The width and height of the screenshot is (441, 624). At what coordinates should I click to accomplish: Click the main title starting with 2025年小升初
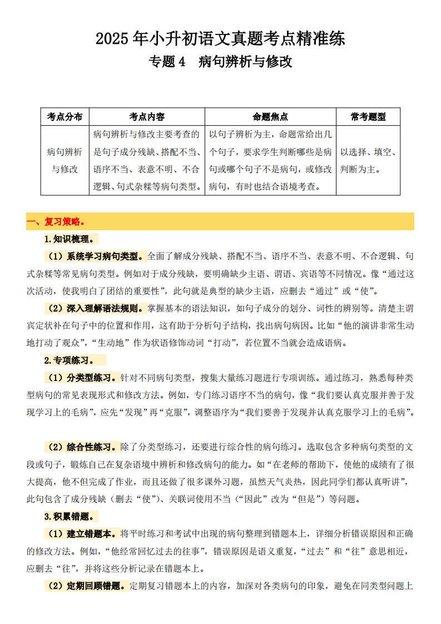point(220,39)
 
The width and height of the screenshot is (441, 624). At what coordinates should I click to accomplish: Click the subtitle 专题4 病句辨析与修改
point(220,62)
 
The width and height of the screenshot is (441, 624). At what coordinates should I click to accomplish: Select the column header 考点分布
point(65,117)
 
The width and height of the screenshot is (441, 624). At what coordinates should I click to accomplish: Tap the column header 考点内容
point(147,117)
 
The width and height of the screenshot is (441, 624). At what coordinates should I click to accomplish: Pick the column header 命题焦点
point(270,117)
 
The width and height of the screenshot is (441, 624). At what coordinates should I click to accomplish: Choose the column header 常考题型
point(368,117)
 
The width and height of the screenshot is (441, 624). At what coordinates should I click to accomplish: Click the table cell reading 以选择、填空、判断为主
point(368,160)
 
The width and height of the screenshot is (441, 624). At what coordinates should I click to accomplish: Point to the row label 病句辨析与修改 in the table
point(65,160)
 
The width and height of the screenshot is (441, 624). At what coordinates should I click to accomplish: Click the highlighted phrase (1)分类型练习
point(82,378)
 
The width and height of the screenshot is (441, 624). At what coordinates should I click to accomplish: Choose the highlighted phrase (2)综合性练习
point(82,447)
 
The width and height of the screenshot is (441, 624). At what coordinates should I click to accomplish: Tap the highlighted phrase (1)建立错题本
point(82,533)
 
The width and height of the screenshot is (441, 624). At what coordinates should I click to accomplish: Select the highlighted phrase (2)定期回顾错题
point(86,585)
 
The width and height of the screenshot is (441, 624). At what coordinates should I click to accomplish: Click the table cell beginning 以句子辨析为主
point(270,160)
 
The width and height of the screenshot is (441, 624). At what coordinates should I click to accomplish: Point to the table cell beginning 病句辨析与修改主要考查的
point(147,160)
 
